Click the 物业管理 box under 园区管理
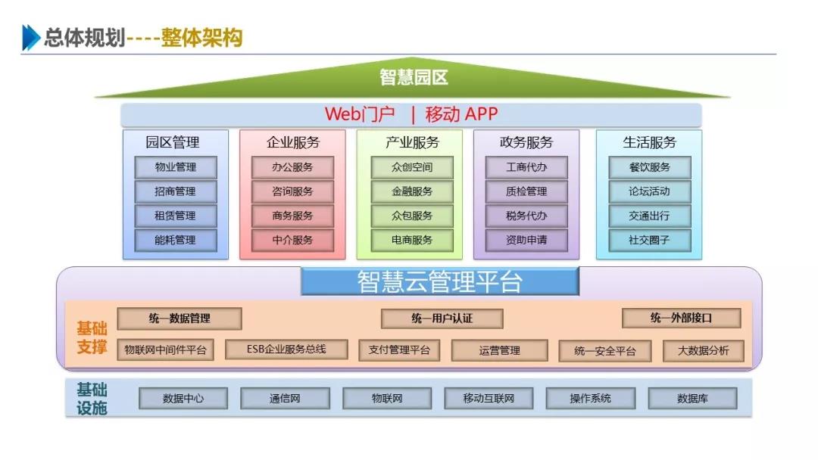pos(175,167)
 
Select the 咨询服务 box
pos(292,191)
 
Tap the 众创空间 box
pos(412,167)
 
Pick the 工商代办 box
pos(526,167)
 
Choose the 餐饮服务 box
pos(649,167)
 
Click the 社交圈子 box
pos(649,240)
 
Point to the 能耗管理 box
pos(175,240)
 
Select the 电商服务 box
pos(412,240)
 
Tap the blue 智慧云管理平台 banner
pos(439,281)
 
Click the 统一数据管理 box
pos(180,319)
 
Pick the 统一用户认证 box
pos(442,319)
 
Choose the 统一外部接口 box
pos(681,319)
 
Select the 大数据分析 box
pos(703,351)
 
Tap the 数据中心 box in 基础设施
pos(183,398)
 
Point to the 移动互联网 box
pos(489,398)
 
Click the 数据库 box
pos(692,398)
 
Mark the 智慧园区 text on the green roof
pos(414,77)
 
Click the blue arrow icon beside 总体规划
pos(30,37)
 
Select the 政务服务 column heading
pos(526,142)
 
